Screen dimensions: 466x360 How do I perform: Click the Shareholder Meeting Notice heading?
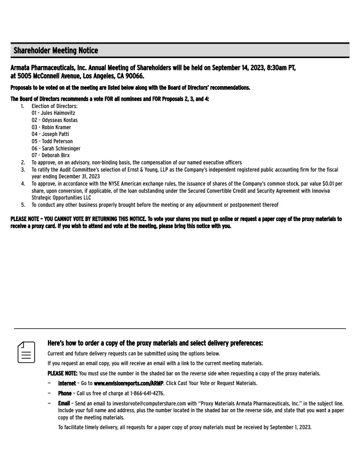point(56,51)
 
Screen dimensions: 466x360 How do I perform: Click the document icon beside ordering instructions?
point(26,352)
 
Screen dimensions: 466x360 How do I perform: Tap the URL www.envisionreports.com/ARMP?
point(128,383)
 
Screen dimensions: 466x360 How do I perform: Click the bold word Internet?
point(67,383)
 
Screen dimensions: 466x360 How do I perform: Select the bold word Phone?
point(65,394)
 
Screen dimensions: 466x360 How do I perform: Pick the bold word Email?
point(64,404)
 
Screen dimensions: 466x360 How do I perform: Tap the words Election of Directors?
point(54,106)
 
